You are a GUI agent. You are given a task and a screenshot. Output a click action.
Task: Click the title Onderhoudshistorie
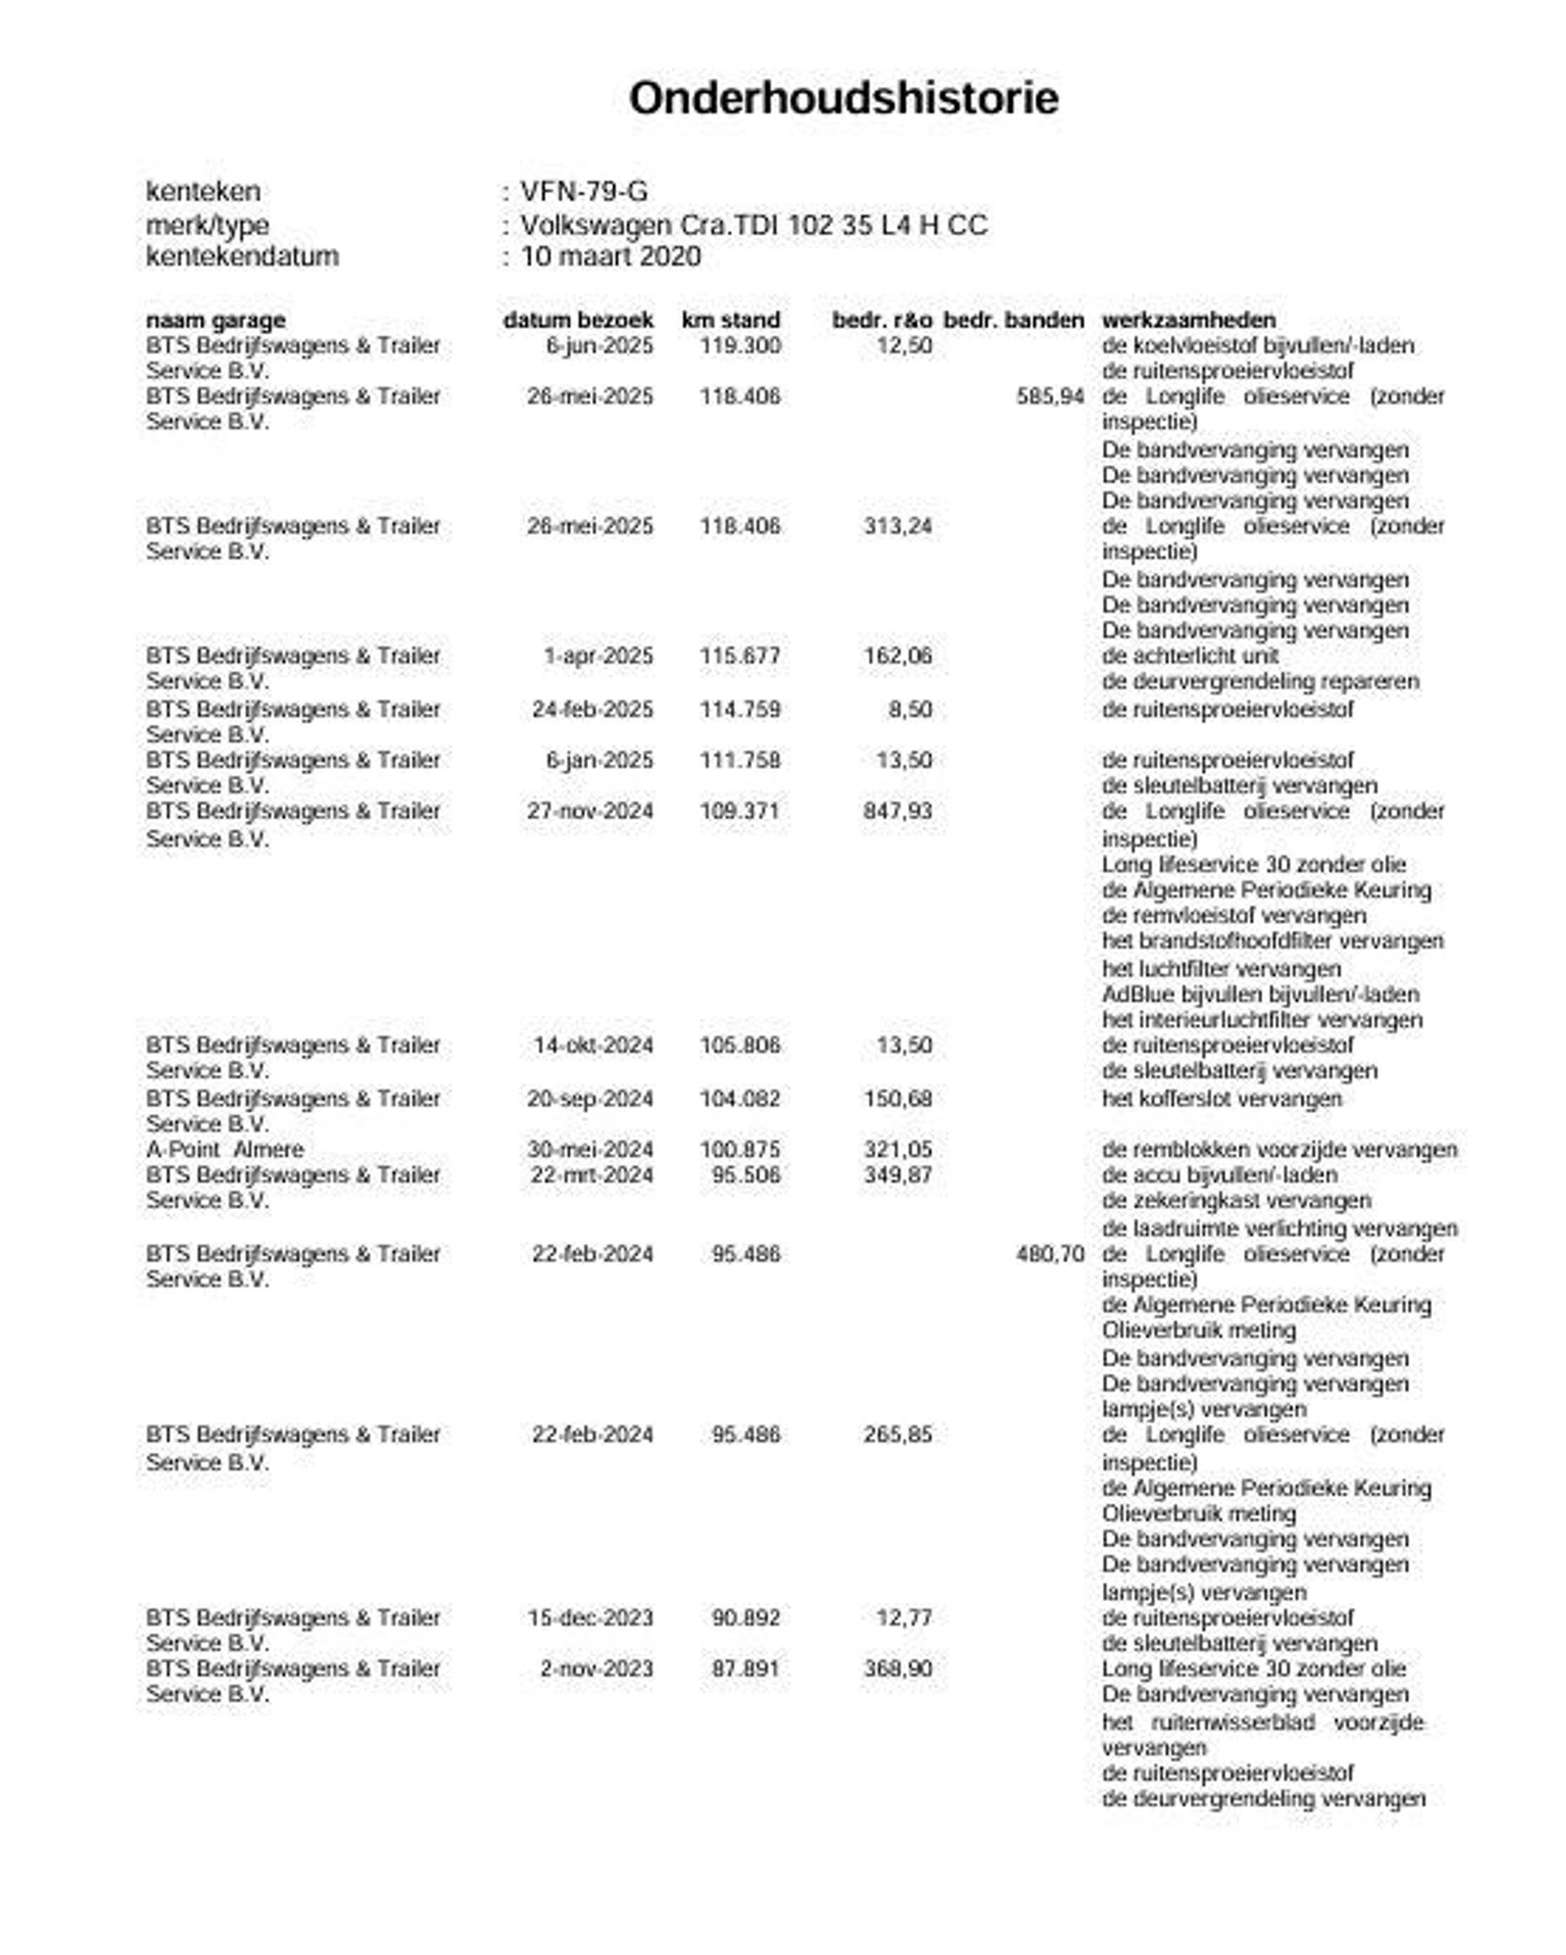843,99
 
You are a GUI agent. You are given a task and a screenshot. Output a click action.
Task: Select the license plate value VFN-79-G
583,192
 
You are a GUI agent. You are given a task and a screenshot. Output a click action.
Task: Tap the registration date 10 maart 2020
609,257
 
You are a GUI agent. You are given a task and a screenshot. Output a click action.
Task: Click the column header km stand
730,320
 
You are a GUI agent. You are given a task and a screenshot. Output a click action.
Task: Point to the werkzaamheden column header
1188,320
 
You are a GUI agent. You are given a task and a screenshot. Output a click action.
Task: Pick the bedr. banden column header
1013,320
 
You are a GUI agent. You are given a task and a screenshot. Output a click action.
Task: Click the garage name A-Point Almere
224,1149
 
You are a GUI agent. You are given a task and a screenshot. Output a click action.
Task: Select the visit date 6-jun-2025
599,346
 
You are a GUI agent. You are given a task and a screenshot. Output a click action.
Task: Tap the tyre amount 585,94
1049,396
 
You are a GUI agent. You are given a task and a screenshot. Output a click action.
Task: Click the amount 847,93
897,811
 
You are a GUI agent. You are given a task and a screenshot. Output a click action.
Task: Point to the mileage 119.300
739,346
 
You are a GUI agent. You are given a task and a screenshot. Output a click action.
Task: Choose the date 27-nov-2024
590,811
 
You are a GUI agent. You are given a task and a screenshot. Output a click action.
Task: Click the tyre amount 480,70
1049,1254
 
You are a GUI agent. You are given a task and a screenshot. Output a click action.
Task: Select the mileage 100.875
739,1149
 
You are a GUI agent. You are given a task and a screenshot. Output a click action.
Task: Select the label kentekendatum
241,257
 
